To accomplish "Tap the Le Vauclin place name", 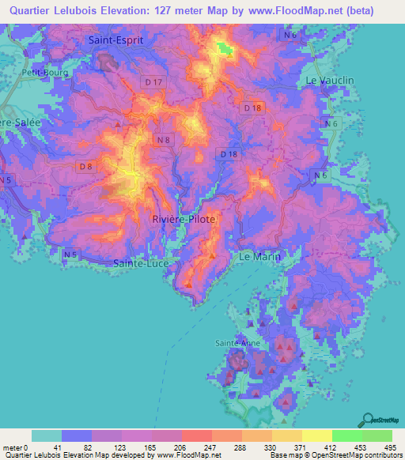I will point(330,81).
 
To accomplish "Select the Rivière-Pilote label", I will point(183,219).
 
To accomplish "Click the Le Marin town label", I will point(260,258).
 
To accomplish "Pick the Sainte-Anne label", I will point(237,343).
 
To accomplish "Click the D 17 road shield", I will point(153,81).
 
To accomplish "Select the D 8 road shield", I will point(86,166).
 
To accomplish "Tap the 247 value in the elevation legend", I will point(195,447).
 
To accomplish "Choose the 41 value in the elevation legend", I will point(63,447).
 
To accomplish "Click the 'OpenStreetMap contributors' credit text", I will point(348,455).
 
